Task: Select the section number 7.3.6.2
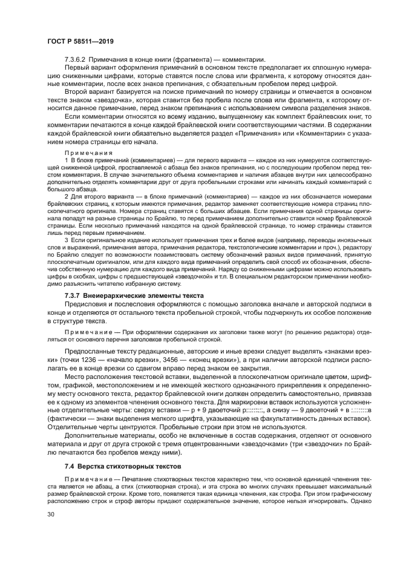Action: (x=76, y=59)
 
